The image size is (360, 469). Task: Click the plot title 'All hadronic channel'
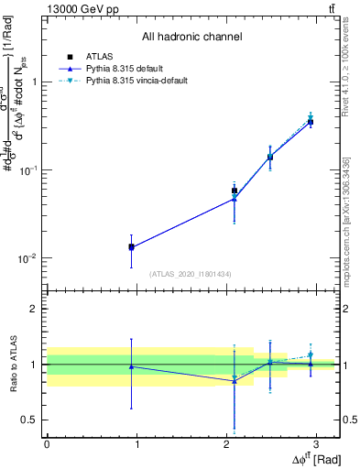[x=191, y=38]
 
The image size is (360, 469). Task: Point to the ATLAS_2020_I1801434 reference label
[x=191, y=274]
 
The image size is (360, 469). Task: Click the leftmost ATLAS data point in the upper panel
[x=132, y=246]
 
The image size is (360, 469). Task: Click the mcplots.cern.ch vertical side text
[x=346, y=220]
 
